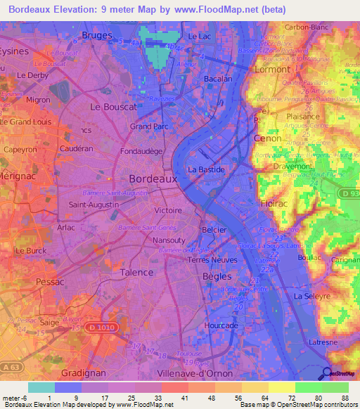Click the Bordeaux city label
coord(153,179)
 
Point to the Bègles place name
coord(212,276)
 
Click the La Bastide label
coord(207,170)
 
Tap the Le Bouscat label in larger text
coord(112,107)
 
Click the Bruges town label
coord(97,34)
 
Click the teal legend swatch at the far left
coord(41,387)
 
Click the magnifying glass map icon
coord(325,372)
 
